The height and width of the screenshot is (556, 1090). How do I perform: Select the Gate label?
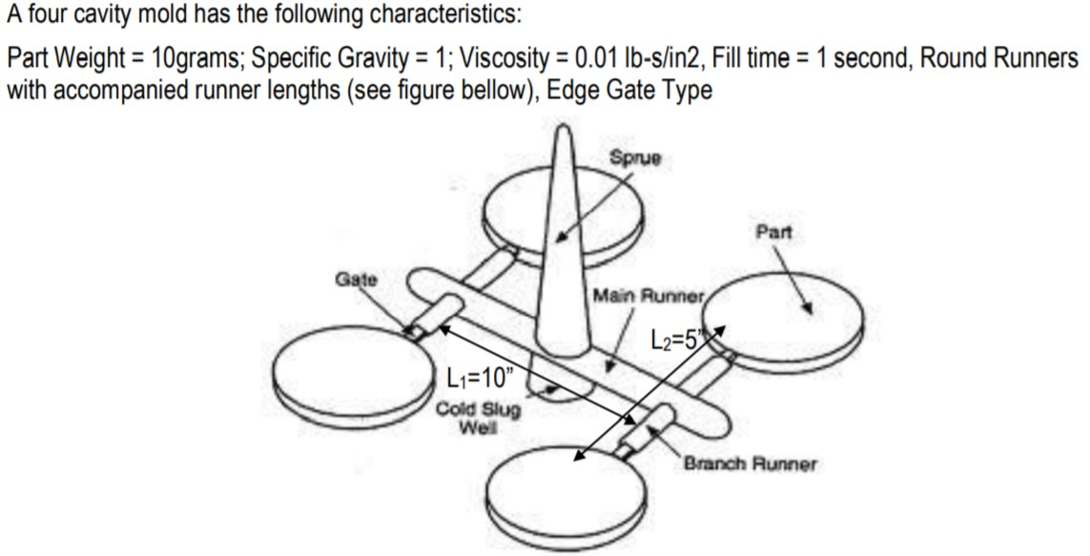pyautogui.click(x=356, y=279)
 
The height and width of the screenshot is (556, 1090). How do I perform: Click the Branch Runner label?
pyautogui.click(x=749, y=464)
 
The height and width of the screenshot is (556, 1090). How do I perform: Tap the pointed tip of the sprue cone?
pyautogui.click(x=565, y=132)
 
